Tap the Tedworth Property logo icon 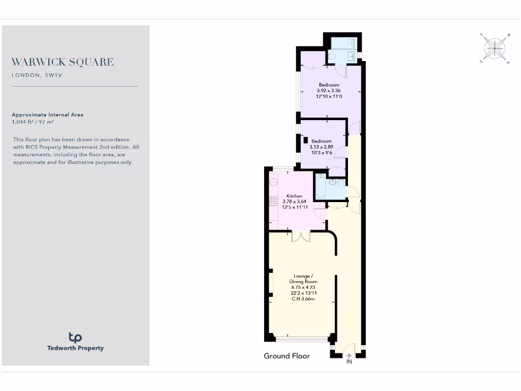pos(75,337)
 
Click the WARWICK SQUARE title pos(63,62)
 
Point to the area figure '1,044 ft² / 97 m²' pos(33,122)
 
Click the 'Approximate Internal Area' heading pos(47,115)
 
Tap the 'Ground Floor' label pos(286,356)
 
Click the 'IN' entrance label pos(349,362)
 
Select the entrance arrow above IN pos(349,355)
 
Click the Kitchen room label pos(295,196)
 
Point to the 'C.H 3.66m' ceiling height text pos(303,299)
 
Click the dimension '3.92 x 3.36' pos(329,91)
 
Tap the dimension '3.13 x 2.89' pos(321,147)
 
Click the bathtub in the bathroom pos(321,188)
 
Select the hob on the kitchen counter pos(273,201)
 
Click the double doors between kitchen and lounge pos(301,236)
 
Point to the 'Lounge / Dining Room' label pos(303,278)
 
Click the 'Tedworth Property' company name pos(75,348)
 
